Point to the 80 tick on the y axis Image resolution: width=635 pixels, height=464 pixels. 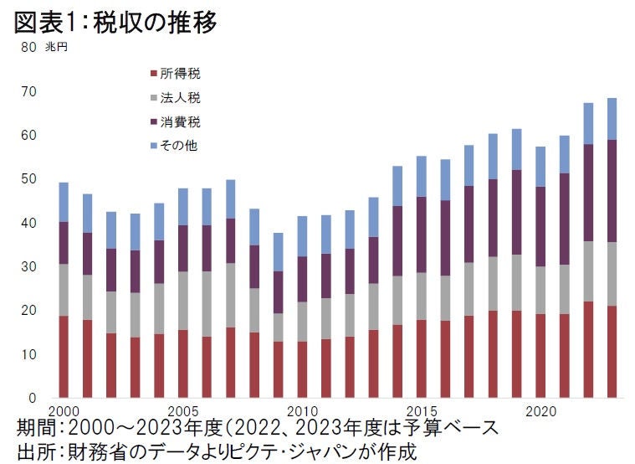pos(28,48)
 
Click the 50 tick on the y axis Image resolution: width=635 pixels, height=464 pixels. pos(28,179)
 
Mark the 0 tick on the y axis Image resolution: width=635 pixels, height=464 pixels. pos(32,399)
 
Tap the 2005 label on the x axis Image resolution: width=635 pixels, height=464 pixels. pos(182,412)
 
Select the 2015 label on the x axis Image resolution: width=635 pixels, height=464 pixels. pos(421,412)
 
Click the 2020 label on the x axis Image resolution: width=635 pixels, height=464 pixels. pos(540,412)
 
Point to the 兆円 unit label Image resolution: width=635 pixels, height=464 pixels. pos(56,47)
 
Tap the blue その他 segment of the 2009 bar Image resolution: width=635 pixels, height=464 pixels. pos(278,251)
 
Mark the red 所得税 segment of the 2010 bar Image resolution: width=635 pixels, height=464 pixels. pos(302,369)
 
